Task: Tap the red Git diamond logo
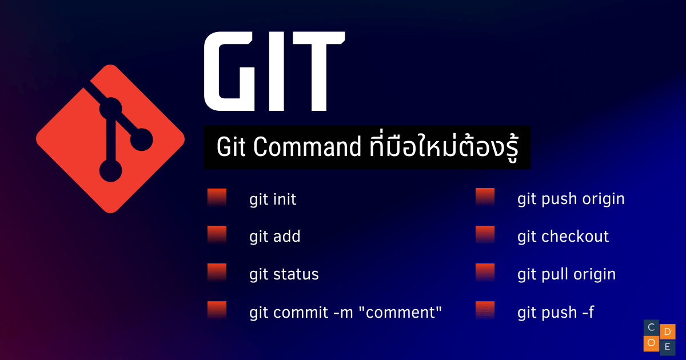click(x=110, y=139)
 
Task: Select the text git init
click(x=273, y=200)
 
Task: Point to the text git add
click(x=275, y=237)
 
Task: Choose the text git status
click(x=284, y=274)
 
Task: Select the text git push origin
click(x=571, y=199)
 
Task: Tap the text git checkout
click(x=563, y=237)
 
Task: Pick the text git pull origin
click(x=567, y=274)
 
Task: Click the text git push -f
click(x=556, y=313)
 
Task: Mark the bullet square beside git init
click(x=217, y=198)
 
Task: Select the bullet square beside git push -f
click(x=485, y=310)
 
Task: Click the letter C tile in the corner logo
click(x=651, y=327)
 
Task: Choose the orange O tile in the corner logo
click(x=651, y=343)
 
